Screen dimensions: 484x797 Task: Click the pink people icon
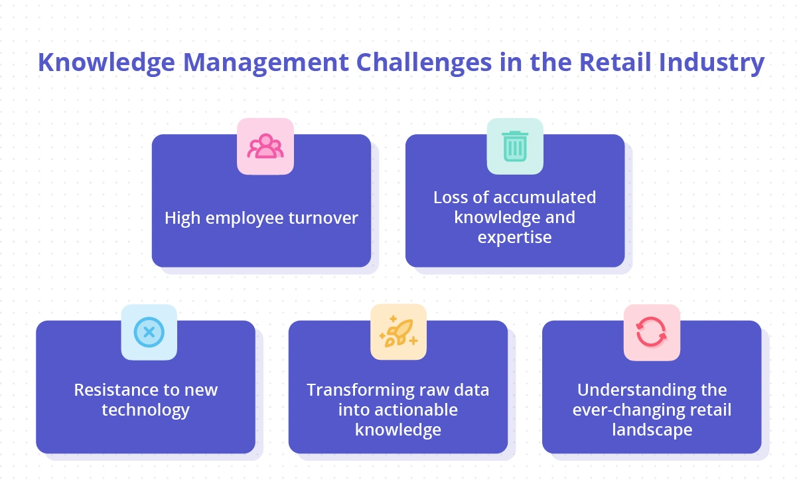pos(265,147)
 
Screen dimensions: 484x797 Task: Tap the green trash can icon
pos(515,146)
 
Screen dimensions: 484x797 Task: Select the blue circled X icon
pos(149,332)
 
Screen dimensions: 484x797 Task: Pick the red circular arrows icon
pos(652,332)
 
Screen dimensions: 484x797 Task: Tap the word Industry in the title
pos(717,63)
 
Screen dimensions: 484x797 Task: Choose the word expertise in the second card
pos(514,238)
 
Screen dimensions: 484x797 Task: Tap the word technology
pos(145,410)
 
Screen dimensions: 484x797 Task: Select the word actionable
pos(398,410)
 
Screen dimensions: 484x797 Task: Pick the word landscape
pos(652,430)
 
